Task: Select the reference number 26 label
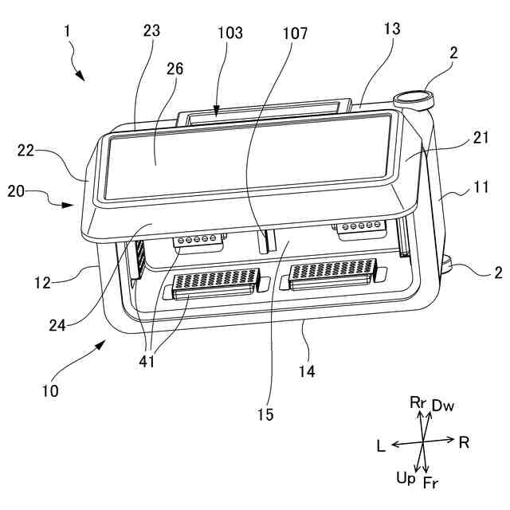175,69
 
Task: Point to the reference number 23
151,32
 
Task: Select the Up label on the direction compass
405,477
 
